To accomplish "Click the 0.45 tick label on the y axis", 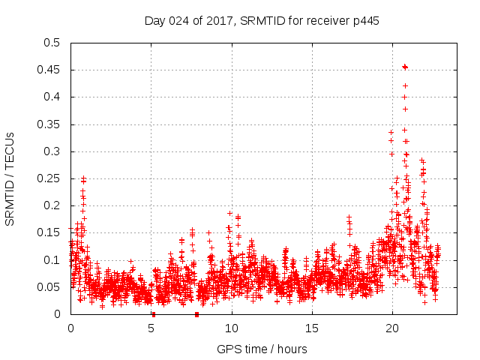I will [x=50, y=70].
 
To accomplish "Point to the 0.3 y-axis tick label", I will [x=53, y=151].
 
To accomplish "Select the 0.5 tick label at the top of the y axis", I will [x=53, y=43].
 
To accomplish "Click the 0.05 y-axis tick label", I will [x=50, y=287].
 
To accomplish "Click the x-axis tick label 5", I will [x=151, y=328].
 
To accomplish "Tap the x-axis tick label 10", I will [x=232, y=328].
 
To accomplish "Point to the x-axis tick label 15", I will [x=312, y=328].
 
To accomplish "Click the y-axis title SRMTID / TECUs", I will [x=10, y=178].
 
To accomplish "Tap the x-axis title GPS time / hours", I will [x=262, y=349].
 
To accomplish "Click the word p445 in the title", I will [x=364, y=21].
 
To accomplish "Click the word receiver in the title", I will [x=325, y=21].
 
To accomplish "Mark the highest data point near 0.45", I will [x=405, y=67].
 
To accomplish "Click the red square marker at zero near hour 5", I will [x=153, y=313].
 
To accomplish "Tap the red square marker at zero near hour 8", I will [x=196, y=313].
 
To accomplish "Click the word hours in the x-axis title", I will [x=291, y=349].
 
